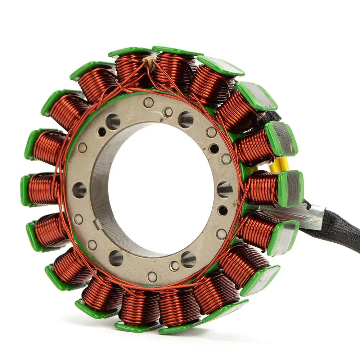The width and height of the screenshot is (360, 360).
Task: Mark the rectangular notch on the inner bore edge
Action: (98, 224)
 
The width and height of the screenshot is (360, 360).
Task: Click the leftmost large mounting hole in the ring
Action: (80, 190)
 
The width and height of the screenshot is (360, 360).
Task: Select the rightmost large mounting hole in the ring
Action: (225, 189)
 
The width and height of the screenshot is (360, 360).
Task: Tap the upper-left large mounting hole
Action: (113, 122)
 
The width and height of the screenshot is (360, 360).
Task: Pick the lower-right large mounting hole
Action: (188, 259)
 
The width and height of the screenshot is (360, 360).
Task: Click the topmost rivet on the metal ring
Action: (148, 102)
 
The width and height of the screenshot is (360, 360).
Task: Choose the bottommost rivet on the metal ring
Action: (152, 276)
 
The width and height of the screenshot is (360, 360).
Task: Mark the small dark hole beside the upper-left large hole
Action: (102, 132)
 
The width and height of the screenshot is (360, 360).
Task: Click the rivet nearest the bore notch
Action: (78, 219)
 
